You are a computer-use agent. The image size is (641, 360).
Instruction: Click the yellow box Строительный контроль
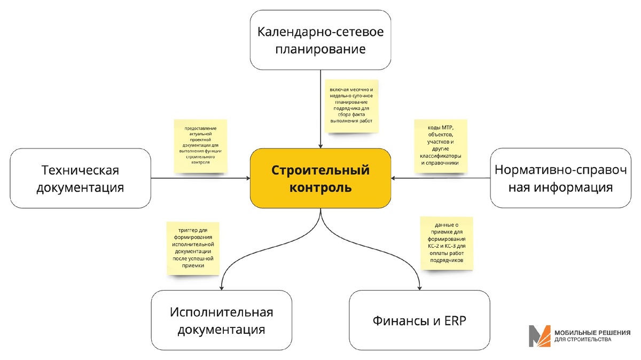click(320, 178)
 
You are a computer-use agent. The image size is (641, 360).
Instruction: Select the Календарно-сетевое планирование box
click(320, 40)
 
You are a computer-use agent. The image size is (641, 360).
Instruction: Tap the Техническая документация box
click(80, 178)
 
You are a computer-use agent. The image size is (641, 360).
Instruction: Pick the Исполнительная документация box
click(221, 320)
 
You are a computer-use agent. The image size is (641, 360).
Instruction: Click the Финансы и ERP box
click(419, 320)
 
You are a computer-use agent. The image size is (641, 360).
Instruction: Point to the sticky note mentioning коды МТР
click(441, 145)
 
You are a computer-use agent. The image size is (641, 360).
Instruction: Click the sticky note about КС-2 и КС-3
click(447, 242)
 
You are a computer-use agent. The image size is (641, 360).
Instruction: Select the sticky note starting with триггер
click(192, 247)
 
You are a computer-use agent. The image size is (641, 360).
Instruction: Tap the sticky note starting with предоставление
click(200, 145)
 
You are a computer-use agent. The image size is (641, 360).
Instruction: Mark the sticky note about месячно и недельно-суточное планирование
click(352, 104)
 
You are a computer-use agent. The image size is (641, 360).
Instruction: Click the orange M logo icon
click(540, 336)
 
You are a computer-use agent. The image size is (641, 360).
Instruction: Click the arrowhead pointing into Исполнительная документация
click(221, 287)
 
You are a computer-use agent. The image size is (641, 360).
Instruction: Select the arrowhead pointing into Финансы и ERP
click(419, 287)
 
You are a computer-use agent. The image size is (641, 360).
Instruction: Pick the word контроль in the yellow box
click(320, 187)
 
